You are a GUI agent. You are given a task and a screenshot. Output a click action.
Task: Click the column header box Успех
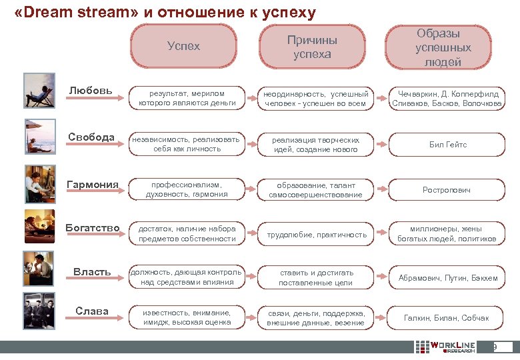coord(183,47)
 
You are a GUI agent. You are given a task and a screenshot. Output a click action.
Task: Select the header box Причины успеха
coord(312,47)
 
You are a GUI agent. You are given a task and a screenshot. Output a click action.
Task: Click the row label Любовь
coord(91,91)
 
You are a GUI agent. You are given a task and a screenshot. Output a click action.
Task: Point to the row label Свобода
coord(91,137)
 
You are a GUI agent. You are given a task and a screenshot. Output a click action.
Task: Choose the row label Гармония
coord(93,184)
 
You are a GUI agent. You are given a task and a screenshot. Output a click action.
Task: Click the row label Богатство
coord(93,228)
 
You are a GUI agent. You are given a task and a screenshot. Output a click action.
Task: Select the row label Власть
coord(92,271)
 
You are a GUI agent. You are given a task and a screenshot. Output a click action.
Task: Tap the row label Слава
coord(92,311)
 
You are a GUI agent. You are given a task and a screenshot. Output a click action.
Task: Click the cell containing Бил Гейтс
coord(447,145)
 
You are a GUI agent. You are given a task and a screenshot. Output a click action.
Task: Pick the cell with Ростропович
coord(446,190)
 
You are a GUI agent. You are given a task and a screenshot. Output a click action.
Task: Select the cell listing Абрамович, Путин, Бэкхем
coord(447,278)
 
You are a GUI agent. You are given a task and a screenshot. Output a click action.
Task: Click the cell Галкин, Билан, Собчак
coord(446,318)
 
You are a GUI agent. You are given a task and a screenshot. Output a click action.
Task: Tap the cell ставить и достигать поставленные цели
coord(317,278)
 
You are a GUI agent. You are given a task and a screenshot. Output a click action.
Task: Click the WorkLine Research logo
coord(445,347)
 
